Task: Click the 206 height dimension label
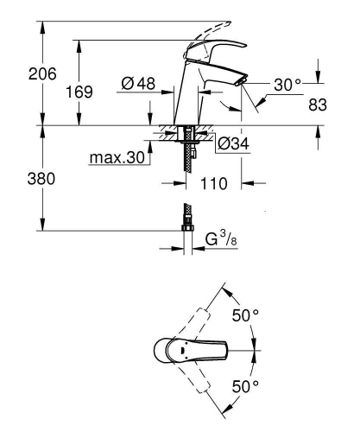18,75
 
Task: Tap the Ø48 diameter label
137,84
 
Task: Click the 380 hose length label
18,179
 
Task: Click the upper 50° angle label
249,316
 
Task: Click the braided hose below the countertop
186,156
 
